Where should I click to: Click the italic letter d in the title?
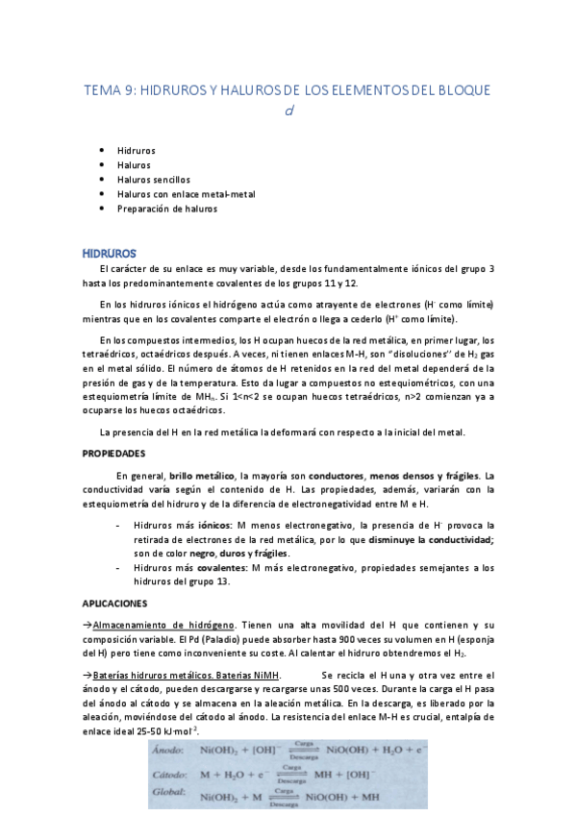tap(288, 111)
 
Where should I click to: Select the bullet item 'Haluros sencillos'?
tap(154, 180)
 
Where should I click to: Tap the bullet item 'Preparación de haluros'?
tap(167, 209)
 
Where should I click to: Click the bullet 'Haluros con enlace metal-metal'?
tap(186, 194)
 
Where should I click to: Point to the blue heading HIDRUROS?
tap(109, 253)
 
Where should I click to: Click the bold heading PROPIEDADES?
tap(113, 452)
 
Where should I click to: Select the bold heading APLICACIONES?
tap(115, 604)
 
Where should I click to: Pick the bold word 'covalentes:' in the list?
tap(223, 568)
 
